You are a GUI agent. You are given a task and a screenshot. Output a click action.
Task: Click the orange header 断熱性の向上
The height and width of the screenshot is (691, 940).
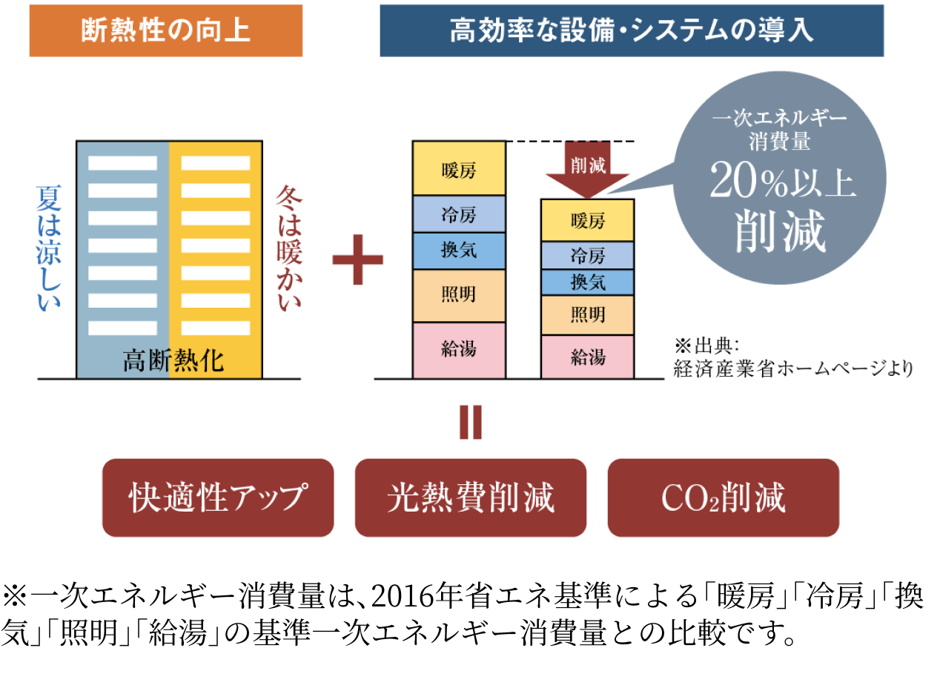pos(166,30)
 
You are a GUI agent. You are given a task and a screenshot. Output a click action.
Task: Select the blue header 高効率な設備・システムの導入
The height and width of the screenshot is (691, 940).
pos(632,30)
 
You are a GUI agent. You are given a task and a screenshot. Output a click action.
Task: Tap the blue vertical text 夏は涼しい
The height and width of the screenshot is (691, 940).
pos(49,248)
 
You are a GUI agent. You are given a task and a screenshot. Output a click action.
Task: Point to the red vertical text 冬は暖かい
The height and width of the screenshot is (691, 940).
pos(289,248)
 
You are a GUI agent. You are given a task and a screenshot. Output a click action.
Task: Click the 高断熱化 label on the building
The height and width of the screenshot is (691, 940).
pos(173,361)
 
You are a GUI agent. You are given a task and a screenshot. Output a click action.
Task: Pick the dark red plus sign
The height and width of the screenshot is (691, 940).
pos(358,259)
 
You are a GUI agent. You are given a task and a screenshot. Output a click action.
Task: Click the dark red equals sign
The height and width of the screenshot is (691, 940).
pos(470,423)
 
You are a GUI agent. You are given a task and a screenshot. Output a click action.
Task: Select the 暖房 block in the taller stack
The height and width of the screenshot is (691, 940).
pos(459,170)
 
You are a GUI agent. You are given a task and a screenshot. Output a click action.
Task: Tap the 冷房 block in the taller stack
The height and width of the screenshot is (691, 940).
pos(459,214)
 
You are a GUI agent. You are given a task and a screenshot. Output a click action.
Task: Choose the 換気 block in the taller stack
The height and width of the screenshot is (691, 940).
pos(459,251)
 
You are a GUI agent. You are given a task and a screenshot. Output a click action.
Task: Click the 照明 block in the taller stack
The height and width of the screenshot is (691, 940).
pos(459,295)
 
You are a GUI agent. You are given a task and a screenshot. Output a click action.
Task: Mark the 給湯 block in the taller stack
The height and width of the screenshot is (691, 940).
pos(459,349)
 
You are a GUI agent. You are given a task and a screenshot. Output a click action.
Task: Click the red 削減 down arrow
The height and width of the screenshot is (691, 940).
pos(587,169)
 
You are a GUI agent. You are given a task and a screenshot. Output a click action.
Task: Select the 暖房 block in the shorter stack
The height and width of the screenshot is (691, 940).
pos(588,220)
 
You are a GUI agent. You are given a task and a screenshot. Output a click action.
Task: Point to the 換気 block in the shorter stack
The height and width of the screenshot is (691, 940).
pos(588,282)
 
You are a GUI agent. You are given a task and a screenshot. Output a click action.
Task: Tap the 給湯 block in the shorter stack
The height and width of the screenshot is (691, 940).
pos(588,357)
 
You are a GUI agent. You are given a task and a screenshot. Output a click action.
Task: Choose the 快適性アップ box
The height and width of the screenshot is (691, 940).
pos(217,497)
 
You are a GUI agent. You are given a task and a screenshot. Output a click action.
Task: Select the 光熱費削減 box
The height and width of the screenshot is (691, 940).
pos(471,497)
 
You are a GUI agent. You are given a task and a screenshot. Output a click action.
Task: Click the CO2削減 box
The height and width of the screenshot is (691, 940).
pos(724,497)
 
